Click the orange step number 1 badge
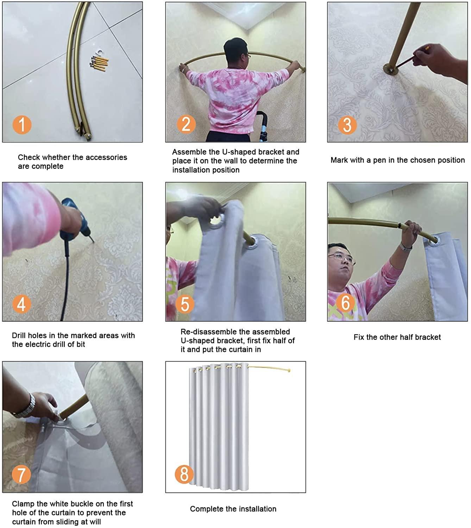pos(22,125)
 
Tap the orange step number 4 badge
pos(21,303)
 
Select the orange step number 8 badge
pos(184,474)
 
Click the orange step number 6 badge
pos(346,303)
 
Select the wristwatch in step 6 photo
pos(406,246)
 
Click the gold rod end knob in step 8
pos(289,370)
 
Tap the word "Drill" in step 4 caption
pos(19,335)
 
